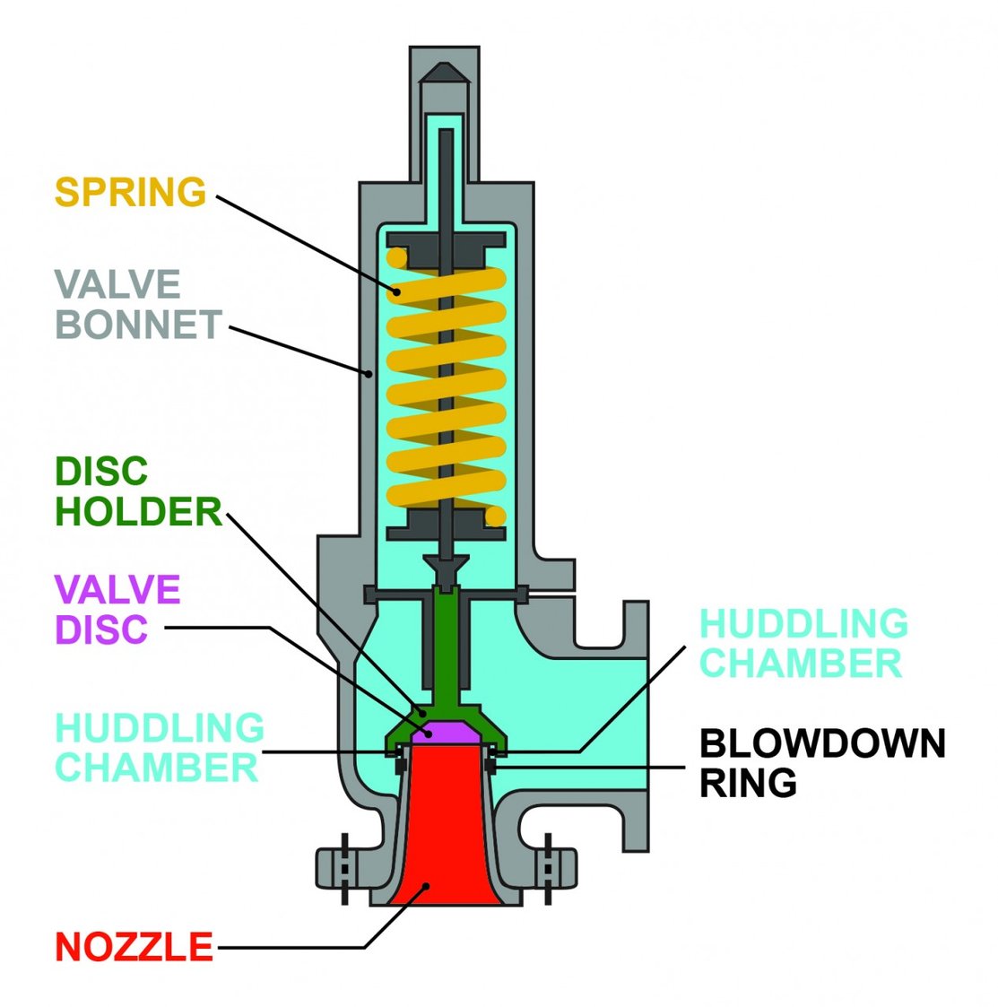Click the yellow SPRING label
(x=130, y=192)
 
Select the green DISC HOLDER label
(x=138, y=491)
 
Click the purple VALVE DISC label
(x=117, y=609)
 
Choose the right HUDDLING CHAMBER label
(x=803, y=643)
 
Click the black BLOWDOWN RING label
(x=821, y=763)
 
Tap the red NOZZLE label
(x=135, y=947)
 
